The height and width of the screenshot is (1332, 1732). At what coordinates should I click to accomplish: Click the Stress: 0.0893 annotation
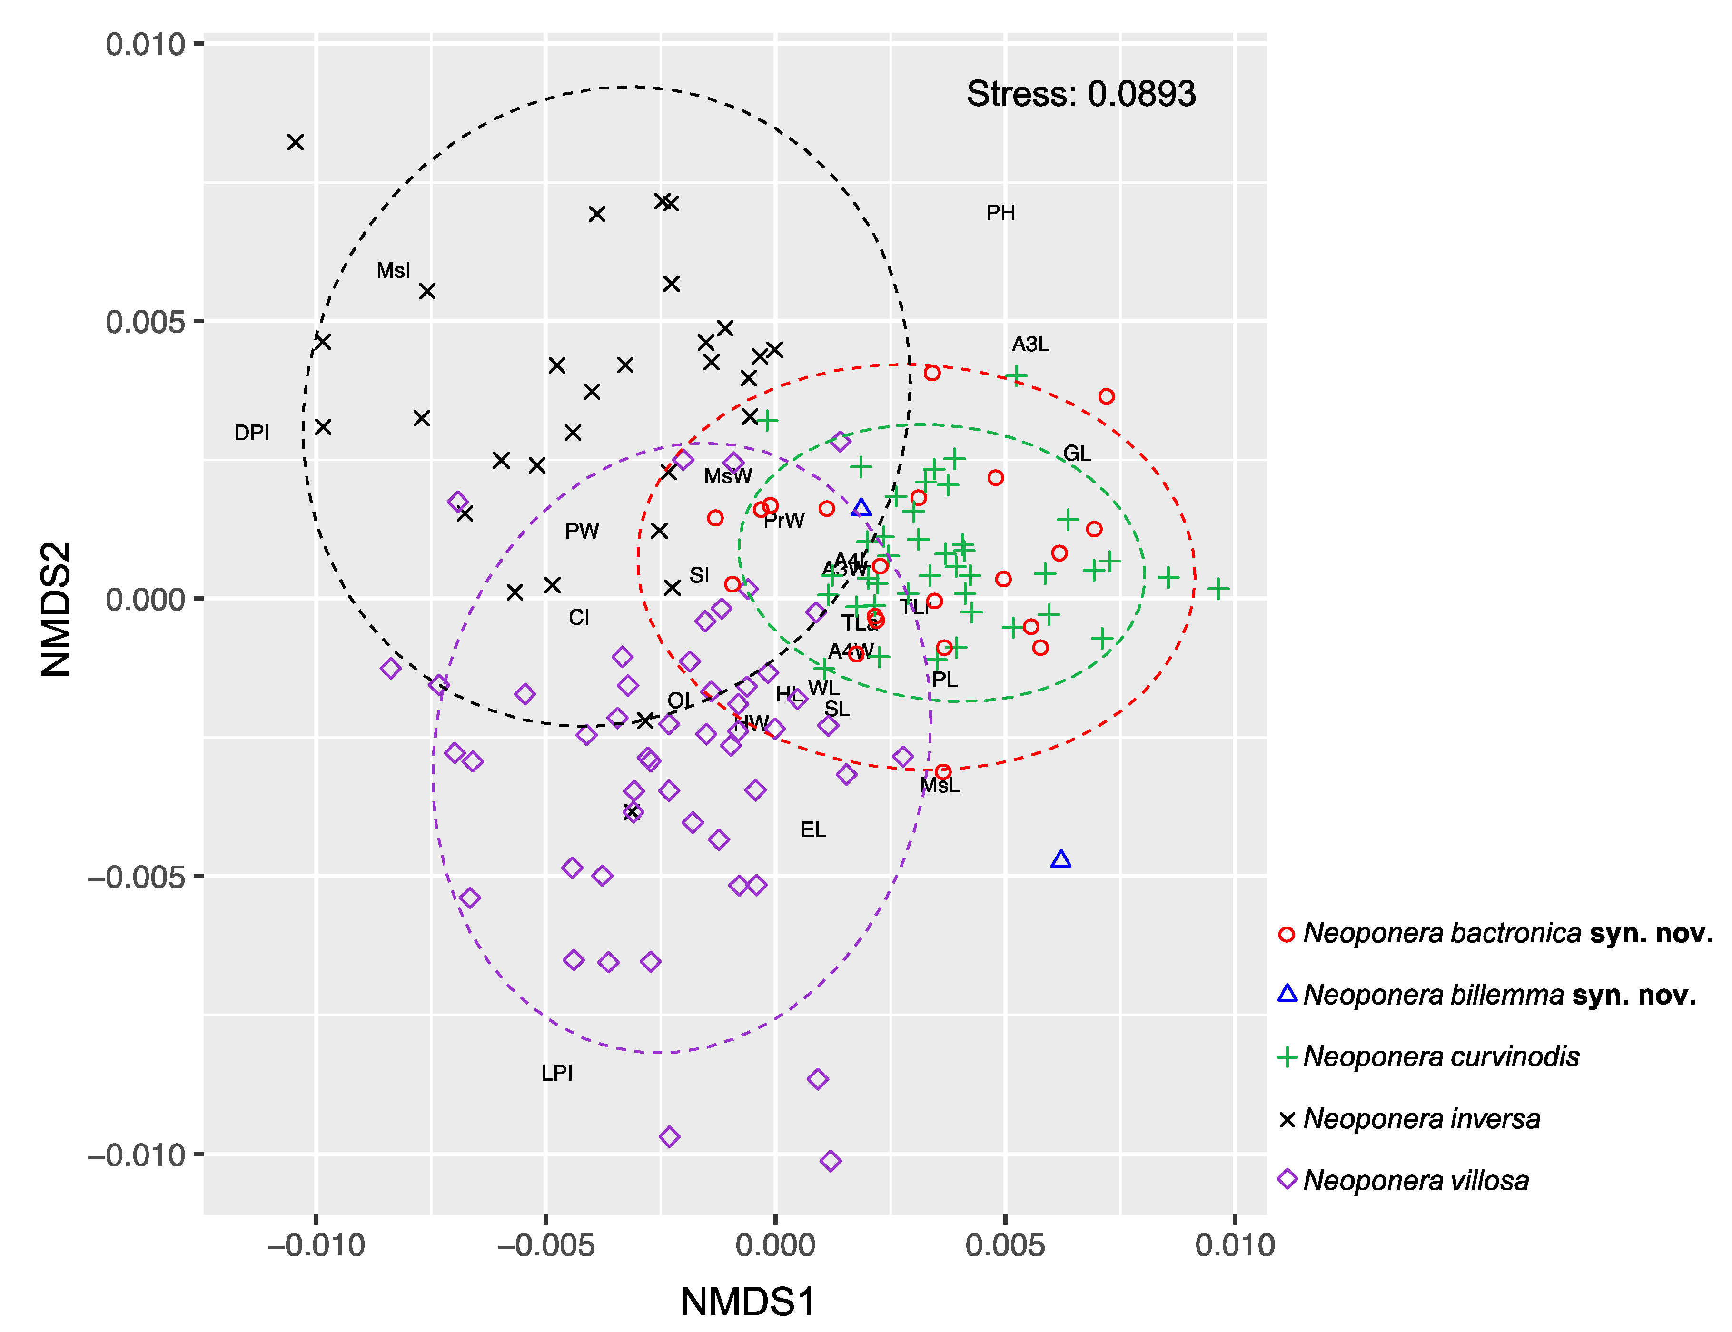1080,94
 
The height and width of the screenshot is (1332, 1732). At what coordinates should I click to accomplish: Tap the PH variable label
1000,213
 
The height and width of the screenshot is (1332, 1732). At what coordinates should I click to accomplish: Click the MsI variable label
393,271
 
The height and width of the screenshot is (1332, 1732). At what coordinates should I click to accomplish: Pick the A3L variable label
1030,344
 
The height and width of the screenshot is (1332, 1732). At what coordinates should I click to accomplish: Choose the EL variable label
813,830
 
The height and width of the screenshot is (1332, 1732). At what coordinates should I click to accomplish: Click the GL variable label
1077,454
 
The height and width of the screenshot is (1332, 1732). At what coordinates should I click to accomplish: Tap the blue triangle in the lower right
1060,859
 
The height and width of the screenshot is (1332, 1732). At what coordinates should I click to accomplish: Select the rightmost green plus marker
1218,588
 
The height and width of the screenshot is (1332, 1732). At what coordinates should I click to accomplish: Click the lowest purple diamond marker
831,1161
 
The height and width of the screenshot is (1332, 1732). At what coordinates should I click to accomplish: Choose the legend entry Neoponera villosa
1415,1181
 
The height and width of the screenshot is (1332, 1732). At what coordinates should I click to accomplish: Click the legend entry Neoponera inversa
1421,1119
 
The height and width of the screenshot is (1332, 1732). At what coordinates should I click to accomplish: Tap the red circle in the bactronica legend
1287,935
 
